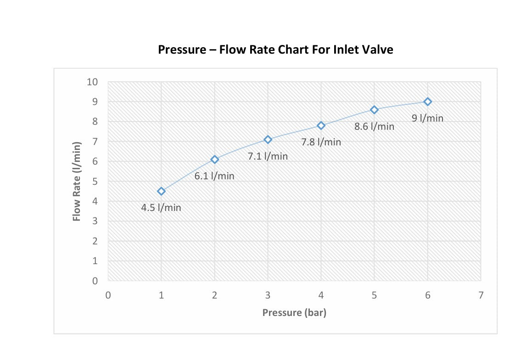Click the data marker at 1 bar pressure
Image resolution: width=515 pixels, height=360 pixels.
point(161,191)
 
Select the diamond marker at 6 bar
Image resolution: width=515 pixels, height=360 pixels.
point(428,102)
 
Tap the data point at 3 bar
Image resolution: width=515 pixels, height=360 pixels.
point(268,139)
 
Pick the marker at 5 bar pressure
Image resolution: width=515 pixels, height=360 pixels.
point(374,110)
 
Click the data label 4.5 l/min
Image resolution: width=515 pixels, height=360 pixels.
point(161,208)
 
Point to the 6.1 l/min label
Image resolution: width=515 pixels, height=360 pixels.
point(214,176)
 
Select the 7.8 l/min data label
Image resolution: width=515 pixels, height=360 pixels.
point(321,142)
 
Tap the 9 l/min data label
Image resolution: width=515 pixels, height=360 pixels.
point(428,118)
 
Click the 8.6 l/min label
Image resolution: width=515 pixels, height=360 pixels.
point(375,127)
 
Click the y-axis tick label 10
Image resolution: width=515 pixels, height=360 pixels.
point(92,82)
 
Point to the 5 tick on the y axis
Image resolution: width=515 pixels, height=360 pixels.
point(95,182)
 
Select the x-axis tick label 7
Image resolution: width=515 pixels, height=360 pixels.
point(481,295)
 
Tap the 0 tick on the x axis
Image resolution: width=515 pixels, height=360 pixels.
point(108,295)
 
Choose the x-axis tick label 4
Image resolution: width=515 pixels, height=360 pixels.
point(321,295)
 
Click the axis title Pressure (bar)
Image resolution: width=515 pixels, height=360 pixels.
point(294,313)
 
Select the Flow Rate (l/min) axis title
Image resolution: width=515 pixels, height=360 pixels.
point(76,182)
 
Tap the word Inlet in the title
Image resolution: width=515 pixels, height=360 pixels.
point(346,50)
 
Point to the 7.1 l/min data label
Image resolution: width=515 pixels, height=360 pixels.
point(268,156)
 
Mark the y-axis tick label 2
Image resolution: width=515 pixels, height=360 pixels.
point(95,241)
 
